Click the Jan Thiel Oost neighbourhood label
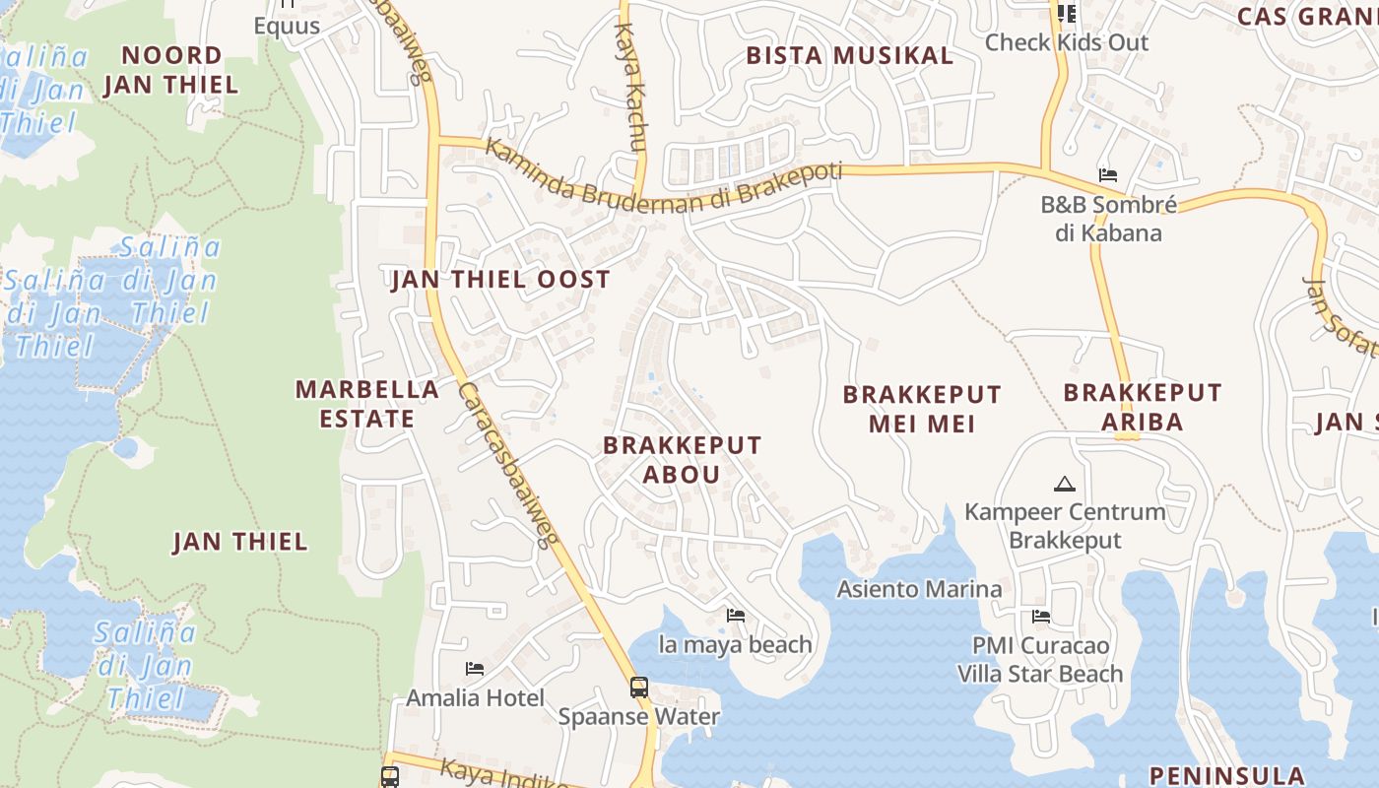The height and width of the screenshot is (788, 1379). pyautogui.click(x=500, y=280)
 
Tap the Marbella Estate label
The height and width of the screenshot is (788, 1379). pyautogui.click(x=366, y=403)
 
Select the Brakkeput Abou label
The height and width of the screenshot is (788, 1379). pyautogui.click(x=682, y=459)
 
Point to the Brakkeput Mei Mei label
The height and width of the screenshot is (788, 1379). pyautogui.click(x=921, y=409)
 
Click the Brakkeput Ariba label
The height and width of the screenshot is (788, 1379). pyautogui.click(x=1142, y=407)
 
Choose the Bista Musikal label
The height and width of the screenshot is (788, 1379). pyautogui.click(x=849, y=55)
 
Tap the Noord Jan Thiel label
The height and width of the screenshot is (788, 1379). pyautogui.click(x=171, y=70)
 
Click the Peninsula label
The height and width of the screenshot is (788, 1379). pyautogui.click(x=1226, y=774)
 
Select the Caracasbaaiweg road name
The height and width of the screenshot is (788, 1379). pyautogui.click(x=507, y=463)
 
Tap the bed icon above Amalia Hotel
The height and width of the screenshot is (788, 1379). pyautogui.click(x=474, y=669)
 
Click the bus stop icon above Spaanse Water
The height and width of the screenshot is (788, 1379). pyautogui.click(x=638, y=687)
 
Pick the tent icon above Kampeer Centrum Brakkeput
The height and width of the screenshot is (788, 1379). pyautogui.click(x=1064, y=484)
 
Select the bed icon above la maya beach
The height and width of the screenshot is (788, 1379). pyautogui.click(x=735, y=616)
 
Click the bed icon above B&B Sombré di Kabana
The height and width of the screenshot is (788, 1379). pyautogui.click(x=1108, y=175)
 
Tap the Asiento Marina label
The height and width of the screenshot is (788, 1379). pyautogui.click(x=919, y=589)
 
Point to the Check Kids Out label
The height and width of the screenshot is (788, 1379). pyautogui.click(x=1067, y=42)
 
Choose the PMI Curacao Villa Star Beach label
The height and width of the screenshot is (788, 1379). pyautogui.click(x=1040, y=660)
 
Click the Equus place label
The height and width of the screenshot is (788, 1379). pyautogui.click(x=287, y=26)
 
